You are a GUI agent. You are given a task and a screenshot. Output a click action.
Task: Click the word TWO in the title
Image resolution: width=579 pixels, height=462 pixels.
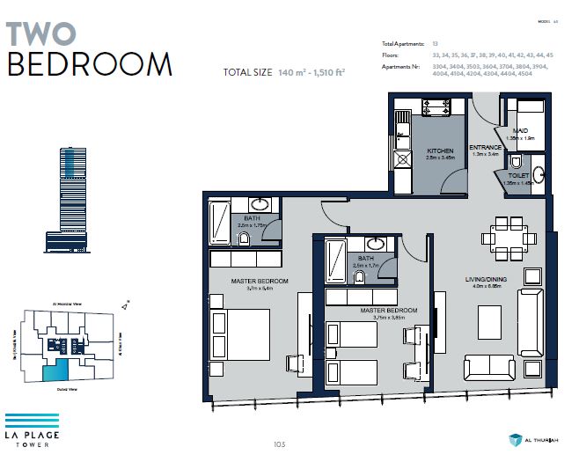[x=41, y=33]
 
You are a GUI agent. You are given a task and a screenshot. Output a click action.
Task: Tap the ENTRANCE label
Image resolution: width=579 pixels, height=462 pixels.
[x=485, y=147]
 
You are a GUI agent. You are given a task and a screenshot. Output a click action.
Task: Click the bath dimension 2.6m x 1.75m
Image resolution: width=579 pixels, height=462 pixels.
[x=251, y=225]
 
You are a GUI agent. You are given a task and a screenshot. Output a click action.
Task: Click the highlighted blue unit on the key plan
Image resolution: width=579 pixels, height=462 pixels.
[x=56, y=370]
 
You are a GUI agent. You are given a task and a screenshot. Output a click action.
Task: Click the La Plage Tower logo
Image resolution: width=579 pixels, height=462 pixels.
[x=32, y=427]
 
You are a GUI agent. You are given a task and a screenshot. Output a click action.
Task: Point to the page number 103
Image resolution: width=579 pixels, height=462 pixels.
[x=281, y=444]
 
